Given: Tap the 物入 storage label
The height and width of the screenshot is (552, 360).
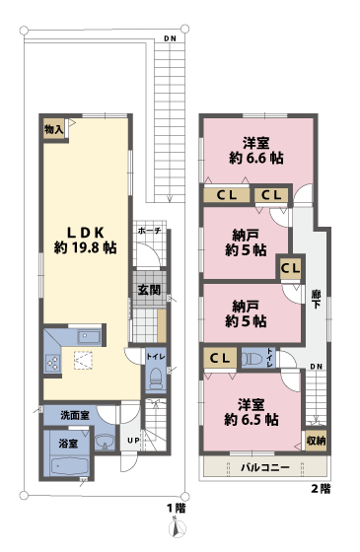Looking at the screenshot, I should (x=53, y=128).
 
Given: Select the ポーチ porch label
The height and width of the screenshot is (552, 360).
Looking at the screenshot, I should (x=149, y=232).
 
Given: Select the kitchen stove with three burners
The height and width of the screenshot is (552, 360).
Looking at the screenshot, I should (x=51, y=363).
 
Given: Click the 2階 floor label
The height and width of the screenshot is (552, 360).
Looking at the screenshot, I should (x=321, y=488).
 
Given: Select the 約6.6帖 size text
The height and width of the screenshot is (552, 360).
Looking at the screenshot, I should (x=257, y=157).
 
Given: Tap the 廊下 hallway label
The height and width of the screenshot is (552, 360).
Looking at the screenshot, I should (x=315, y=300).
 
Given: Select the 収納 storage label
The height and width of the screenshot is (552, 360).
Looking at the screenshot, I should (x=316, y=440).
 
